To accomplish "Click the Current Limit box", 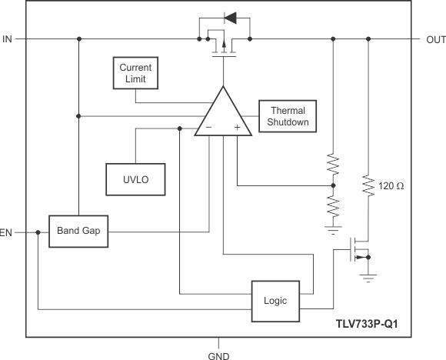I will coord(135,73).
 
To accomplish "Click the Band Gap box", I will coord(78,231).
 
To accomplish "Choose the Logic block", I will coord(275,301).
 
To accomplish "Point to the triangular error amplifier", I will coord(224,115).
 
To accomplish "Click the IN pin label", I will coord(8,38).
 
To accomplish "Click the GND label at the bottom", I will coord(219,355).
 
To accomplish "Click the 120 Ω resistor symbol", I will coord(368,185).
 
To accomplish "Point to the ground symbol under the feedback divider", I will coord(333,227).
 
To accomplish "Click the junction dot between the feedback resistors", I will coord(333,185).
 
